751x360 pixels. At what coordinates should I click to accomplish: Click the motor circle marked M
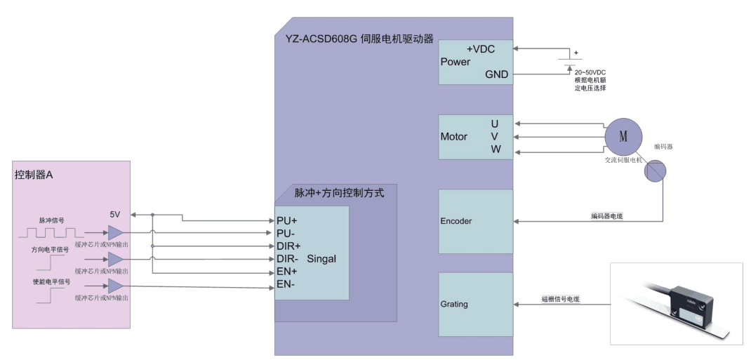click(x=623, y=135)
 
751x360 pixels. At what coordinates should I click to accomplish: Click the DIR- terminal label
click(x=288, y=258)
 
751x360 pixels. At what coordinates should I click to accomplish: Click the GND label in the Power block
click(x=496, y=74)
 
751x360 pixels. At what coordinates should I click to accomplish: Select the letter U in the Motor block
click(x=495, y=124)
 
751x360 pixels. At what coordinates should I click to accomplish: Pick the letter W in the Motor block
click(x=496, y=149)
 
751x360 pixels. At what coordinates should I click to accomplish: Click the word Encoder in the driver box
click(x=456, y=221)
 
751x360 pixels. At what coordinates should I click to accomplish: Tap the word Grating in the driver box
click(x=454, y=304)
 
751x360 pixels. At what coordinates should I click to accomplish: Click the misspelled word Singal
click(x=321, y=258)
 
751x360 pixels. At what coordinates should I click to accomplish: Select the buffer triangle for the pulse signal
click(x=115, y=232)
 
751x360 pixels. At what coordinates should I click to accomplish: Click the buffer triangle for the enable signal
click(x=115, y=286)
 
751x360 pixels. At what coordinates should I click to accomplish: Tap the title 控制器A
click(x=34, y=175)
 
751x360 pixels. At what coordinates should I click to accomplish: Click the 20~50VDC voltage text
click(x=590, y=72)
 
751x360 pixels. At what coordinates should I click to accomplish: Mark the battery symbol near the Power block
click(x=566, y=62)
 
